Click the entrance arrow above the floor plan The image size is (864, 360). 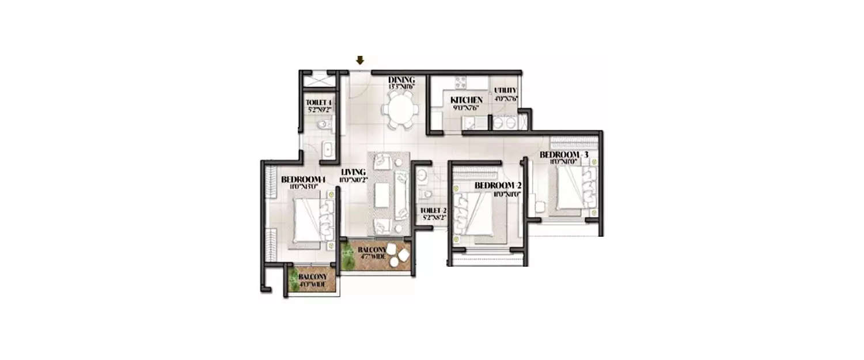click(x=360, y=60)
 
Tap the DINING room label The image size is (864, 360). click(x=401, y=79)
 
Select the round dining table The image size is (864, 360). click(x=399, y=108)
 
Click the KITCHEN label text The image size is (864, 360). click(x=466, y=100)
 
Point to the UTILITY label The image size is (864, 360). click(x=505, y=90)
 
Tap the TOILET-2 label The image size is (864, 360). click(x=434, y=211)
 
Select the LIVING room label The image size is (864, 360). click(x=353, y=172)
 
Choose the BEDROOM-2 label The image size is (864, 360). click(x=498, y=185)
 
